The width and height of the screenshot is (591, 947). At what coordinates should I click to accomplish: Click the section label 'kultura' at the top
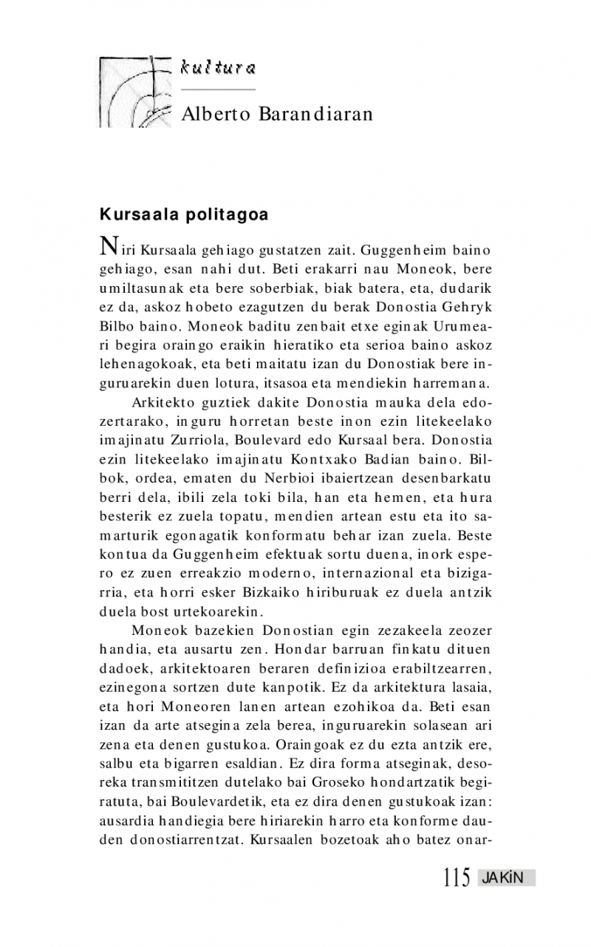point(218,69)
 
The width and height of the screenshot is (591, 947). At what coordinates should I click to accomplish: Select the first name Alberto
point(216,114)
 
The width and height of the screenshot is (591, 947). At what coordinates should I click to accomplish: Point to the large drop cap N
point(108,245)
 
